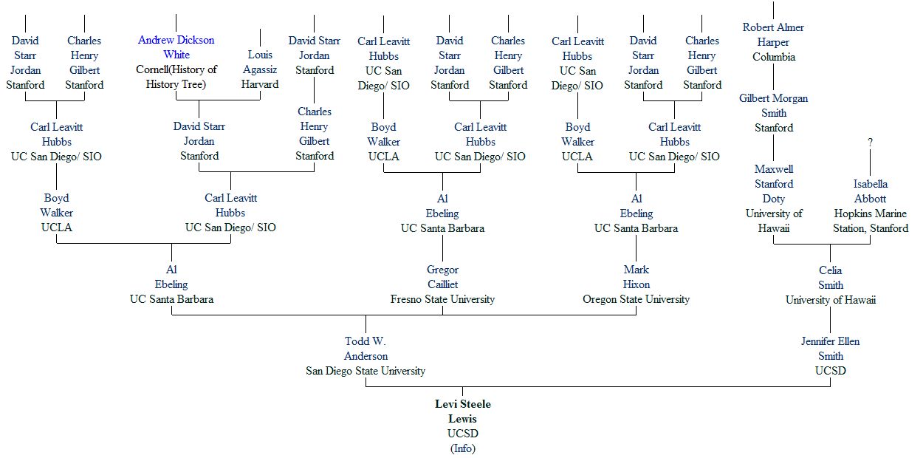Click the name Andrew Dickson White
tap(176, 47)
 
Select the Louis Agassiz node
tap(260, 62)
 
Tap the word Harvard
tap(260, 84)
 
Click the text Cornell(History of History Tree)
tap(176, 77)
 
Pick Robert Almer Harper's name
tap(773, 35)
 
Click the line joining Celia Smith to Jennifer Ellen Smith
tap(830, 320)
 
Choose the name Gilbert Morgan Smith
tap(773, 106)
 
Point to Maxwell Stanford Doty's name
tap(773, 184)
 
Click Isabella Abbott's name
tap(870, 191)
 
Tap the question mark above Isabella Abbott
tap(870, 143)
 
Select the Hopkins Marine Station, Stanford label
tap(870, 221)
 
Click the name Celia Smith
tap(830, 278)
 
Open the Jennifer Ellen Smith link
tap(830, 349)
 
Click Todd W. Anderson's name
tap(366, 349)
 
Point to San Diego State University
tap(366, 371)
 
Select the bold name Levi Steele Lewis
tap(462, 411)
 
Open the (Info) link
tap(462, 448)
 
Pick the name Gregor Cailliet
tap(442, 278)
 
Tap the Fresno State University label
tap(442, 299)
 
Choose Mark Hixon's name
tap(636, 278)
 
